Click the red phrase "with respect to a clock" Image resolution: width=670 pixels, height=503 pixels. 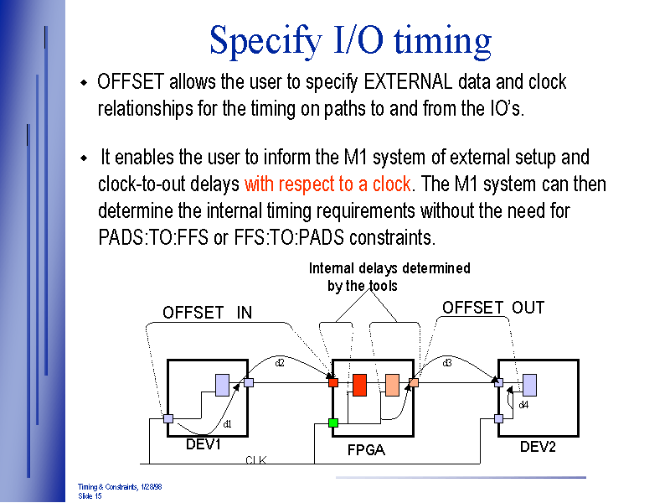tap(327, 184)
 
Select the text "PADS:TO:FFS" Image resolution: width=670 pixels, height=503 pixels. tap(153, 237)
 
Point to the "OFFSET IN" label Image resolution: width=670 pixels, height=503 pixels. tap(207, 313)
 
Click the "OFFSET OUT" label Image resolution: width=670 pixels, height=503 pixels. tap(493, 308)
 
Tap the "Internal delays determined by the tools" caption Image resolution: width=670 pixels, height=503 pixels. tap(389, 277)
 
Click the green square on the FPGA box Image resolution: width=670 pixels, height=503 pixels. tap(333, 423)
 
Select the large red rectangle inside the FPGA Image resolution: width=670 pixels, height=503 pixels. tap(359, 385)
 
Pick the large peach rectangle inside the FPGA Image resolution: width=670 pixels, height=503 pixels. tap(392, 385)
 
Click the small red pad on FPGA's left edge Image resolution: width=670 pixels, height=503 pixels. tap(333, 382)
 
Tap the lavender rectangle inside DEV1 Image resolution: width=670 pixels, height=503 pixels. tap(222, 384)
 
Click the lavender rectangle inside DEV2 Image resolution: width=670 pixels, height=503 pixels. tap(529, 385)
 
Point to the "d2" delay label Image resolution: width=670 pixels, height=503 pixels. tap(281, 363)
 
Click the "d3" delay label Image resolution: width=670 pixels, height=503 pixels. tap(447, 363)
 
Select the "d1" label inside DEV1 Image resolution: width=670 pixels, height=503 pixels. tap(227, 424)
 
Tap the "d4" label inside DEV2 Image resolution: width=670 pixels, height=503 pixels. tap(523, 405)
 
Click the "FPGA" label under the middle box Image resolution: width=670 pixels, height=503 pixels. tap(366, 450)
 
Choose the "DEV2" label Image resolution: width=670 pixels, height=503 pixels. tap(538, 447)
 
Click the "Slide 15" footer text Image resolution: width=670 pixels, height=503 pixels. tap(90, 496)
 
